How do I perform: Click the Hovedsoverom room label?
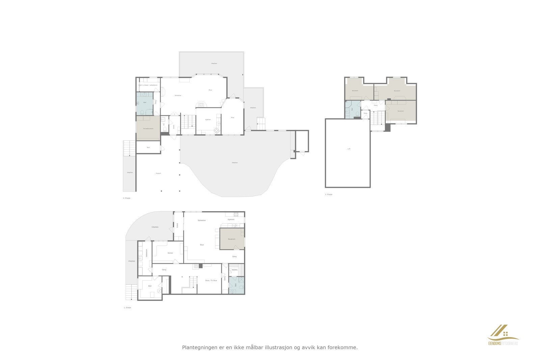[x=148, y=129]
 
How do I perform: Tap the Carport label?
[x=158, y=173]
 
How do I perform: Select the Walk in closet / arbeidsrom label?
[x=148, y=85]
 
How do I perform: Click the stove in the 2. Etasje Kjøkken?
[x=216, y=131]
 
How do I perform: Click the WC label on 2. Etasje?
[x=164, y=124]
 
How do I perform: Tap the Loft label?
[x=349, y=149]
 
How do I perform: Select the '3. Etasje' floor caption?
[x=328, y=195]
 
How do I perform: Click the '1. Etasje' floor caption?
[x=127, y=308]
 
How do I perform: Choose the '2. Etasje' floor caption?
[x=127, y=198]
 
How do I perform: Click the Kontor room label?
[x=170, y=253]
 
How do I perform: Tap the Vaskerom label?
[x=147, y=253]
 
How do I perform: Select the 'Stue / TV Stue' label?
[x=211, y=280]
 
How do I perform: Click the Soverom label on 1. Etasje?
[x=231, y=239]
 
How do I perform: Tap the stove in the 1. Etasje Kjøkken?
[x=236, y=214]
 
